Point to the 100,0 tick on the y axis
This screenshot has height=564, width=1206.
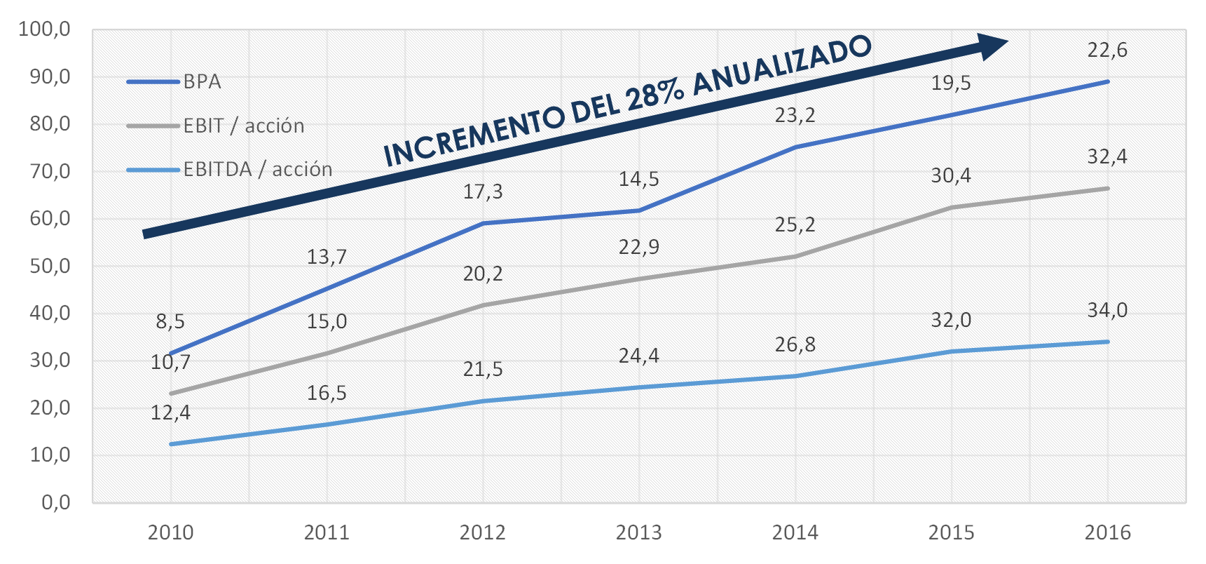coord(45,29)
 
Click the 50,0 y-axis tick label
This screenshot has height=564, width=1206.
coord(50,267)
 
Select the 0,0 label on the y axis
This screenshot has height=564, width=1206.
coord(55,502)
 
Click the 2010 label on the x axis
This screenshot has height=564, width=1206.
coord(170,533)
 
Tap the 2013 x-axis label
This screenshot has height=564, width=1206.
coord(638,533)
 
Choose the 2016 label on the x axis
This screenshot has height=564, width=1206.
coord(1107,533)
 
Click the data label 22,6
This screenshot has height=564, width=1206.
coord(1107,51)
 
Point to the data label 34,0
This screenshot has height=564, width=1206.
coord(1107,310)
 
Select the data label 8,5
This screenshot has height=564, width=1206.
coord(170,322)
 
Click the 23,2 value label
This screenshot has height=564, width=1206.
coord(795,115)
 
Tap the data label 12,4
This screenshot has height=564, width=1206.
coord(170,413)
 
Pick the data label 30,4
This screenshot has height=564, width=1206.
coord(951,175)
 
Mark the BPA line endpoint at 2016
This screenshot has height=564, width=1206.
coord(1107,81)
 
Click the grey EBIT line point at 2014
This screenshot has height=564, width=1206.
coord(795,256)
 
